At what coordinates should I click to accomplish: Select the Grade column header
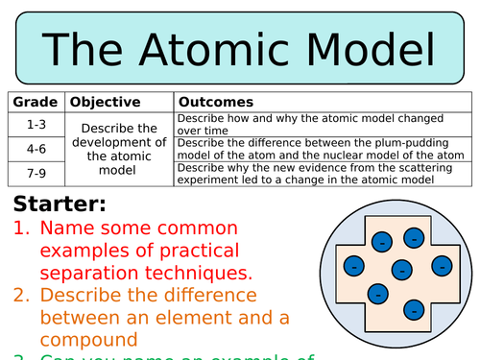(x=36, y=102)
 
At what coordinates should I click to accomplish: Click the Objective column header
(x=106, y=102)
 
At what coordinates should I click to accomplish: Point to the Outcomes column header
(x=216, y=102)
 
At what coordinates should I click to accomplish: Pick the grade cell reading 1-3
(x=36, y=124)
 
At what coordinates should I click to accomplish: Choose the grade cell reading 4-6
(x=36, y=149)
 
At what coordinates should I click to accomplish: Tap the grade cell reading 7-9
(x=36, y=173)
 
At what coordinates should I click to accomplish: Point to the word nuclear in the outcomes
(x=320, y=155)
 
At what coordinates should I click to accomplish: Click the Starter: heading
(x=60, y=204)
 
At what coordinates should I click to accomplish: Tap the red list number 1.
(x=20, y=230)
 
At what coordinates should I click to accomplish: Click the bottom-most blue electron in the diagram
(x=414, y=309)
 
